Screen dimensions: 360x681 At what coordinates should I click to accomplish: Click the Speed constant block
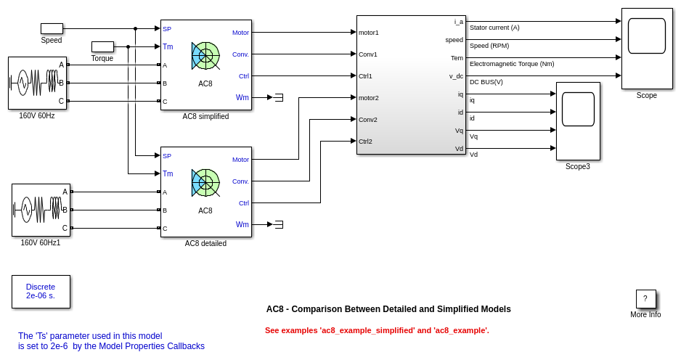coord(52,28)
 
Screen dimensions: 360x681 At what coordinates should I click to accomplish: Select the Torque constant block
coord(102,46)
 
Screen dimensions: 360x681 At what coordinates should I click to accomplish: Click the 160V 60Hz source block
coord(37,83)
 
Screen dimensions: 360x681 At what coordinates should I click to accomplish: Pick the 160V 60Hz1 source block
coord(41,210)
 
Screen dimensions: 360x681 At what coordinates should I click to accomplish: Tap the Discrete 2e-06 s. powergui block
coord(41,291)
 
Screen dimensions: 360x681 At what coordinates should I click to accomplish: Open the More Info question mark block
coord(645,298)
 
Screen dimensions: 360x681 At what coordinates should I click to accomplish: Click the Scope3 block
coord(578,120)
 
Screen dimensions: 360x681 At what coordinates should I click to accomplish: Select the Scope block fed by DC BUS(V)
coord(647,48)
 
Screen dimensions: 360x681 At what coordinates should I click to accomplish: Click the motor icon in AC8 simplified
coord(205,55)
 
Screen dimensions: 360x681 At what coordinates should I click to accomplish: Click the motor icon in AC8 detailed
coord(205,182)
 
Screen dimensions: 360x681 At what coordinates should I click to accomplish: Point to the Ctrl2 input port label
coord(365,141)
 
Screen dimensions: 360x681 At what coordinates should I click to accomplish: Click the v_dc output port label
coord(456,75)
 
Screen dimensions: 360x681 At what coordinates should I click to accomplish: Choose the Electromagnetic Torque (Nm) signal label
coord(512,64)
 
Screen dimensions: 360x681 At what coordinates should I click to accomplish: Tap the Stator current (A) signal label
coord(494,28)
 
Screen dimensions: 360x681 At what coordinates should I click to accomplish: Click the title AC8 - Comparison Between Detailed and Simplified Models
coord(388,309)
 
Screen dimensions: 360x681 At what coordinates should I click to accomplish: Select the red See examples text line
coord(377,330)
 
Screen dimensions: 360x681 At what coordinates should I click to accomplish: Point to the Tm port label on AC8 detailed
coord(168,173)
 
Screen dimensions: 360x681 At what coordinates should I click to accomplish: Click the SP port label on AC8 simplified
coord(167,29)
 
